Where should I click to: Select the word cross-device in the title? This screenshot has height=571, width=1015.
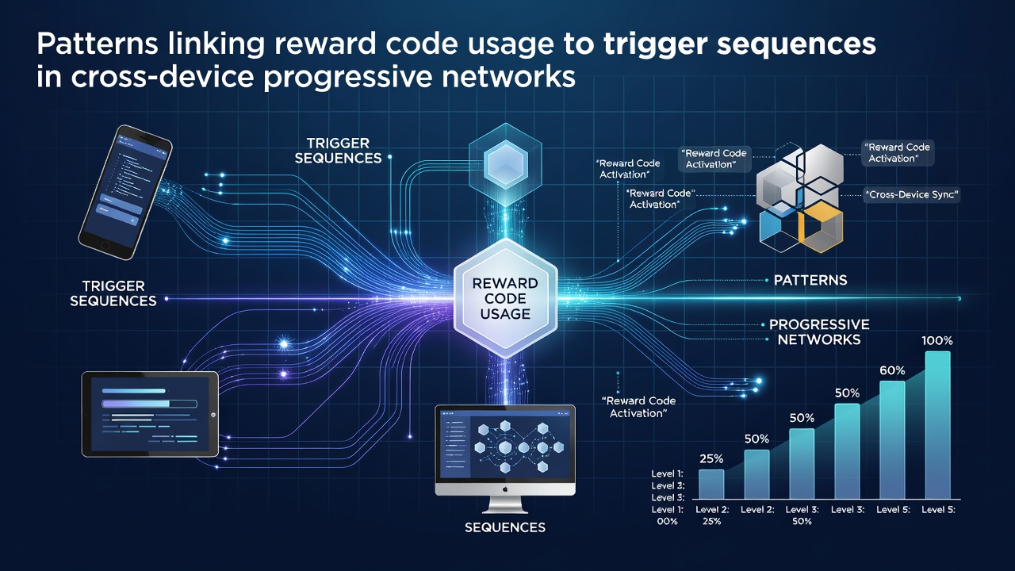click(x=163, y=77)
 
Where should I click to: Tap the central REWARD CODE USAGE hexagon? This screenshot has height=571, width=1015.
click(x=505, y=298)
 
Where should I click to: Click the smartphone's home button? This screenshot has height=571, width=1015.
click(x=105, y=245)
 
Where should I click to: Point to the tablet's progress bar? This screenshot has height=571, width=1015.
click(x=150, y=404)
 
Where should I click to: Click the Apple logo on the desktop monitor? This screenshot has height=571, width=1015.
click(x=505, y=489)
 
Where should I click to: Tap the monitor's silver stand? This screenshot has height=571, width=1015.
click(x=505, y=504)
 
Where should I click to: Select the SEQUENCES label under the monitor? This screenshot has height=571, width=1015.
click(x=505, y=527)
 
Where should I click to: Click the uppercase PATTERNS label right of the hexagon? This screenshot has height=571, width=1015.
click(x=810, y=280)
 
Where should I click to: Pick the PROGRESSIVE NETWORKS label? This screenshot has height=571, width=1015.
click(x=819, y=331)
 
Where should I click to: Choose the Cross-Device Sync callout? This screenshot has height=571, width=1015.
click(x=912, y=195)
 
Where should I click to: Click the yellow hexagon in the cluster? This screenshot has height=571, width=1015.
click(x=820, y=227)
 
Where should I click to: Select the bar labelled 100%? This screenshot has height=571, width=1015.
click(x=937, y=425)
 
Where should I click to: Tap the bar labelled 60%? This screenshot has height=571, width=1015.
click(x=892, y=439)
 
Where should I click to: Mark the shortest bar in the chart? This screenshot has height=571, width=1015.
click(x=711, y=484)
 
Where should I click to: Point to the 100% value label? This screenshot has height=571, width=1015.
click(x=937, y=340)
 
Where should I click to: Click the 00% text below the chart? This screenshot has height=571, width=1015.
click(x=667, y=521)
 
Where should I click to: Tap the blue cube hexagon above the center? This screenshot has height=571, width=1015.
click(x=505, y=164)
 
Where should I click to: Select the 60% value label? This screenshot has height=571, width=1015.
click(x=892, y=370)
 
